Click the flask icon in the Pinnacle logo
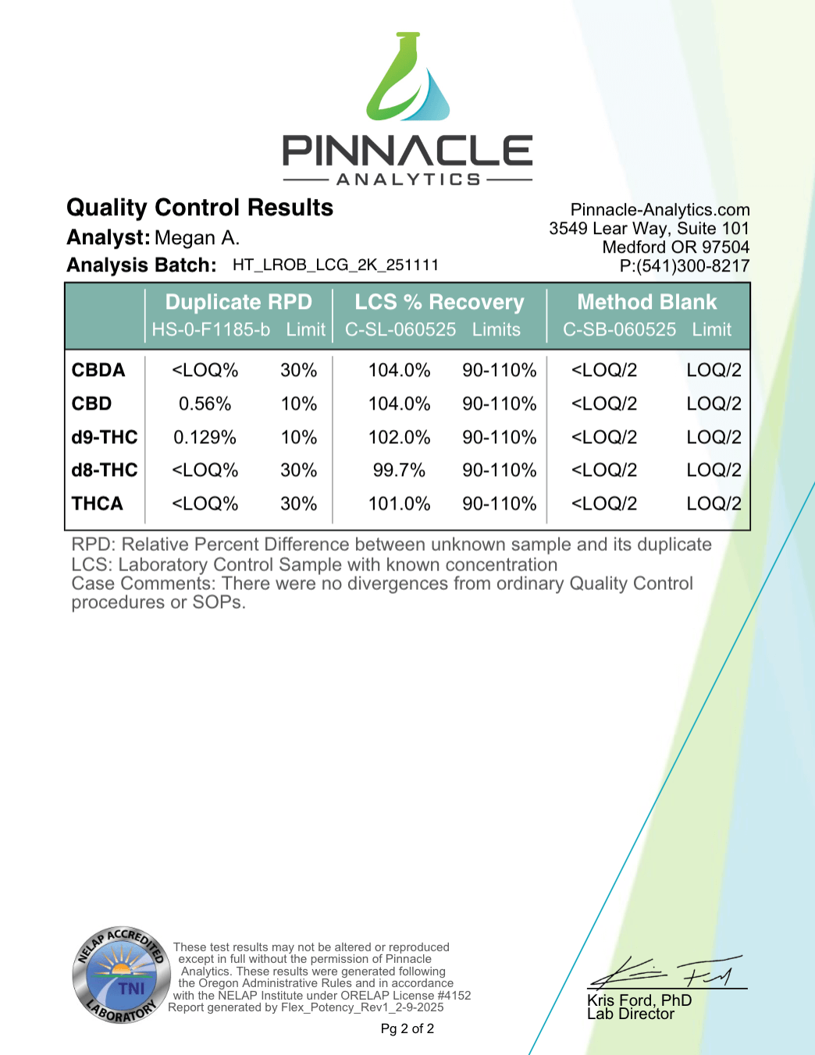[407, 78]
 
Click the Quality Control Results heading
[200, 208]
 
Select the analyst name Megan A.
[197, 238]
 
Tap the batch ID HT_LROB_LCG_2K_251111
[336, 265]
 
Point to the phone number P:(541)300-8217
[685, 266]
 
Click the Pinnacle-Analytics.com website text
[660, 210]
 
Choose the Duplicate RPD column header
[238, 302]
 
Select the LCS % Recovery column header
[439, 302]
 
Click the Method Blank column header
[646, 302]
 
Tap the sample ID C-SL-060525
[400, 330]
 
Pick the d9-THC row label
[105, 437]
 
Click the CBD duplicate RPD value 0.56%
[205, 404]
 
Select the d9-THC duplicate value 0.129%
[205, 437]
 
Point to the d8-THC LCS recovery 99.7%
[399, 471]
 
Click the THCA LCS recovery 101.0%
[399, 504]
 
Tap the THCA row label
[98, 504]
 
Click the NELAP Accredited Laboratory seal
[121, 975]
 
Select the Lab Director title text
[630, 1014]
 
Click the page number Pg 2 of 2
[407, 1029]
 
